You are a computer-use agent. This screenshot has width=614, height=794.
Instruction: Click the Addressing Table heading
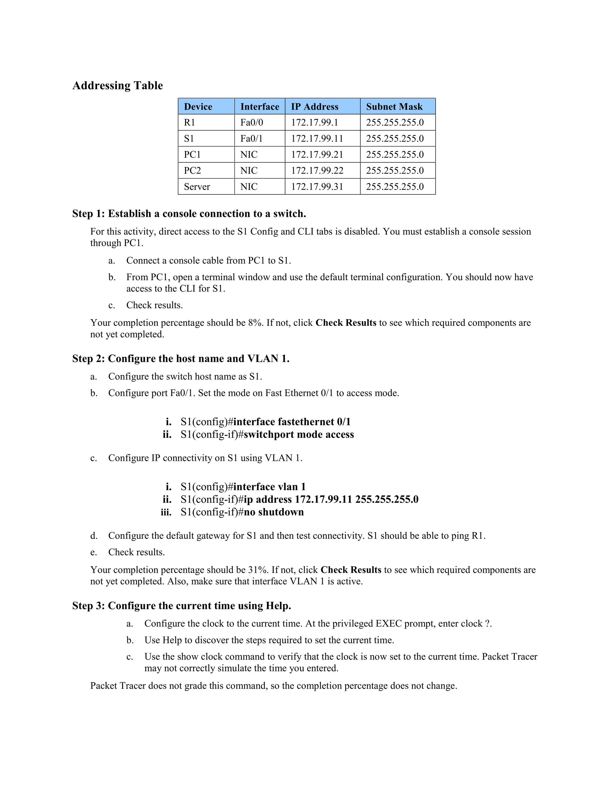point(118,85)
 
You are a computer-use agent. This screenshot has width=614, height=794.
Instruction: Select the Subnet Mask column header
point(394,107)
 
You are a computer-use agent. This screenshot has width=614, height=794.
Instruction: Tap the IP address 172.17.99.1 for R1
point(314,123)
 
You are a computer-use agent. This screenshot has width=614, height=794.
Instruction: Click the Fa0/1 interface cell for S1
point(251,138)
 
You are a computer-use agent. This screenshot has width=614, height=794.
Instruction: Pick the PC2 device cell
point(192,170)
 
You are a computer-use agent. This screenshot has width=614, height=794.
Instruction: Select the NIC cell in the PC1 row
point(249,155)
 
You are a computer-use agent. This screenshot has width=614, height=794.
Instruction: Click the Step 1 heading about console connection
point(189,213)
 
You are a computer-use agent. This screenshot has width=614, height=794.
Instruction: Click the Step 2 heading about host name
point(181,358)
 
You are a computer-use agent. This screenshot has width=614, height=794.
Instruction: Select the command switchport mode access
point(299,434)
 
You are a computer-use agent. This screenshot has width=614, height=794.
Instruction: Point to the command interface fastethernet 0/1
point(292,422)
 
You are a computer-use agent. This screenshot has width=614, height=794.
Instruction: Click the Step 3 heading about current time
point(181,606)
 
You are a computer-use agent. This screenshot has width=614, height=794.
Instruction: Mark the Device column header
point(198,107)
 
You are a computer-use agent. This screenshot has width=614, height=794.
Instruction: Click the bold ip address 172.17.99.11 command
point(331,499)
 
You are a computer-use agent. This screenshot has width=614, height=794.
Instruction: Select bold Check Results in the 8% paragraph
point(346,323)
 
